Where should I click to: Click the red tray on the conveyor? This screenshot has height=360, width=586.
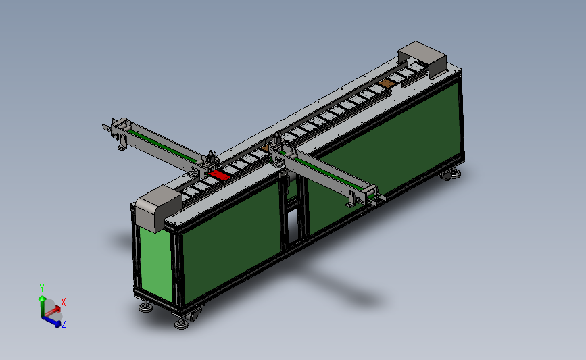click(220, 175)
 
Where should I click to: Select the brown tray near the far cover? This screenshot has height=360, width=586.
click(387, 84)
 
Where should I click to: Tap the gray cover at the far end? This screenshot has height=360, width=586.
click(423, 58)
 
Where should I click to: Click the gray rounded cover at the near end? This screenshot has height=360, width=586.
click(158, 208)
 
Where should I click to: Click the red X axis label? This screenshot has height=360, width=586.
click(63, 302)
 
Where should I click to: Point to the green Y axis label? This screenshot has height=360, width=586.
click(42, 288)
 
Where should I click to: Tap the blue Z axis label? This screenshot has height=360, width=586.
click(64, 324)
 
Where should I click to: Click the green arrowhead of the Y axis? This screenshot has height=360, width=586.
click(42, 299)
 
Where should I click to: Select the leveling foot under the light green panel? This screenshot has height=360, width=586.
click(145, 307)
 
